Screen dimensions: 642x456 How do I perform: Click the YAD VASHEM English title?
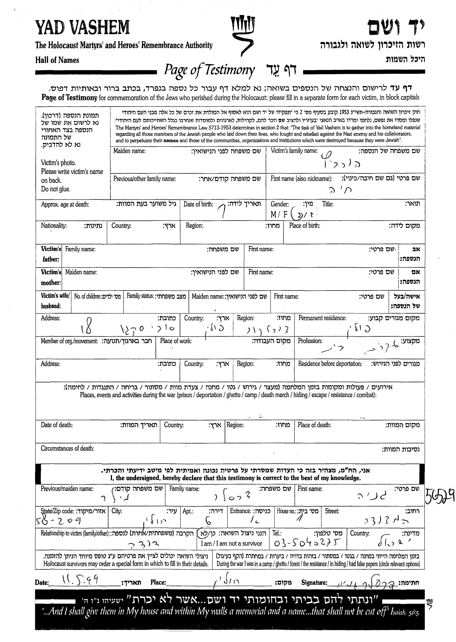coord(82,28)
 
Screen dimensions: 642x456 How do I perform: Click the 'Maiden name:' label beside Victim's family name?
coord(129,151)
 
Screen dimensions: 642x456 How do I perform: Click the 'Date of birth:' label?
coord(198,204)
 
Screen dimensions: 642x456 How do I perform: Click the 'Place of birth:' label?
coord(304,225)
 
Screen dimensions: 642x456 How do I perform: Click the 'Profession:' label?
coord(310,341)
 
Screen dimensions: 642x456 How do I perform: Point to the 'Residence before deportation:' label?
coord(330,364)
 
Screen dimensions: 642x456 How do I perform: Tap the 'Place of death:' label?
coord(314,425)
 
